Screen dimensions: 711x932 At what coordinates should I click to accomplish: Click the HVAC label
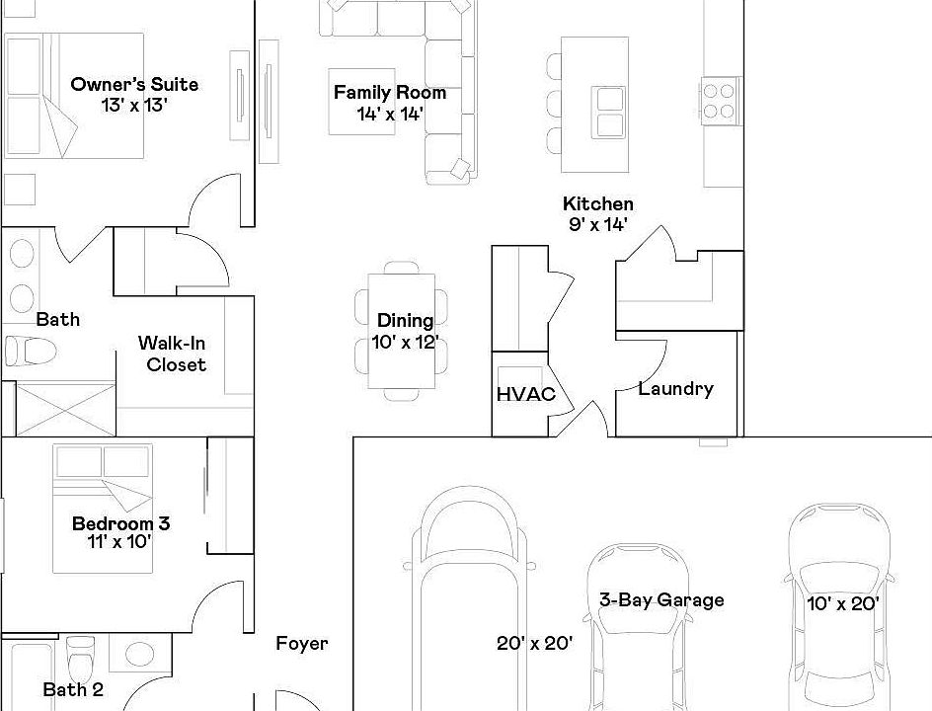[525, 394]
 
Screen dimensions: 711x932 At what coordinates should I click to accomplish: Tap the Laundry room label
[675, 388]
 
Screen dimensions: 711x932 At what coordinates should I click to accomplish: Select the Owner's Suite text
[134, 85]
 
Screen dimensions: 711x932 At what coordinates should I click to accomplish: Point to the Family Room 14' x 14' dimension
[390, 114]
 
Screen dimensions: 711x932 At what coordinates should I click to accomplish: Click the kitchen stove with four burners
[720, 100]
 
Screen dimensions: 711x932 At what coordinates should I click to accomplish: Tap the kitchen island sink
[609, 111]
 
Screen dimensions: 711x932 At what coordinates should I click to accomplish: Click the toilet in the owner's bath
[29, 351]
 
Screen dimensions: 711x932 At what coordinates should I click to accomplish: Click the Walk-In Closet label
[172, 354]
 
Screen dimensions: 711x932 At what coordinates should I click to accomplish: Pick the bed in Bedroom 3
[104, 506]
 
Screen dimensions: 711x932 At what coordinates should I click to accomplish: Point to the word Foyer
[301, 644]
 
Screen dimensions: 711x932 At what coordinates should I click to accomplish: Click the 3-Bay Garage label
[661, 599]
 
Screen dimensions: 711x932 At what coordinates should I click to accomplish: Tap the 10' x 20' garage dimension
[842, 603]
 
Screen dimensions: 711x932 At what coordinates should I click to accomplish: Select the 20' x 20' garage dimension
[534, 644]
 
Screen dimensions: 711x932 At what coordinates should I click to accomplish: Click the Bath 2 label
[73, 690]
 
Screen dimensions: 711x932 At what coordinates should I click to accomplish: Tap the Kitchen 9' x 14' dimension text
[597, 224]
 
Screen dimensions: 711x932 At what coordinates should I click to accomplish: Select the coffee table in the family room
[362, 101]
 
